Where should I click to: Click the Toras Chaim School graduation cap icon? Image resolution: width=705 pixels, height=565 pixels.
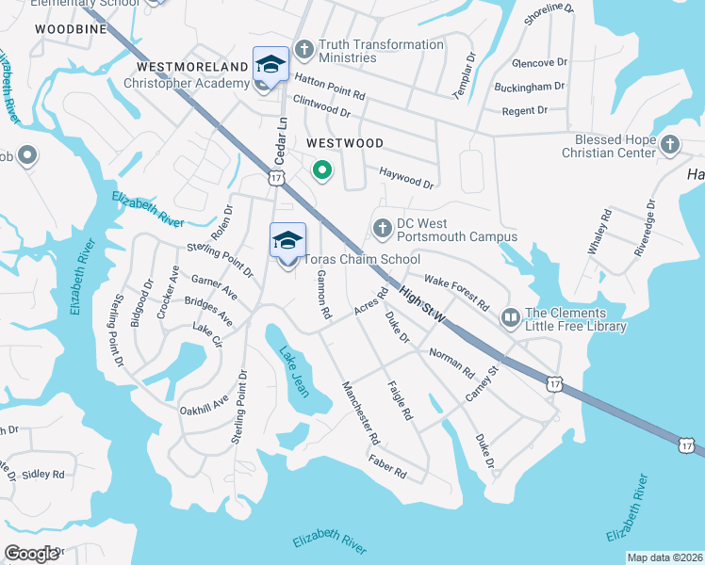point(287,240)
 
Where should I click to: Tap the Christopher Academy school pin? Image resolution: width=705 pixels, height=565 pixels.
point(271,65)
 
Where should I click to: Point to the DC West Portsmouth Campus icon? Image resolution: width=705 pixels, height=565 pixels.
point(382,228)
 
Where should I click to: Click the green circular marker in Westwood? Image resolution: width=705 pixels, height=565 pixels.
point(321,170)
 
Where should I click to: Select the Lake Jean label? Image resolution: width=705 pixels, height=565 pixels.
point(293,372)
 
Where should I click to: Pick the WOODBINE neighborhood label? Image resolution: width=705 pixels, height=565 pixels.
point(66,29)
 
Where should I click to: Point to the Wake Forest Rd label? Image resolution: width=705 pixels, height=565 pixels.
point(457,293)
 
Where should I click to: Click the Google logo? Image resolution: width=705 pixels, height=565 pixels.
point(33,553)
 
